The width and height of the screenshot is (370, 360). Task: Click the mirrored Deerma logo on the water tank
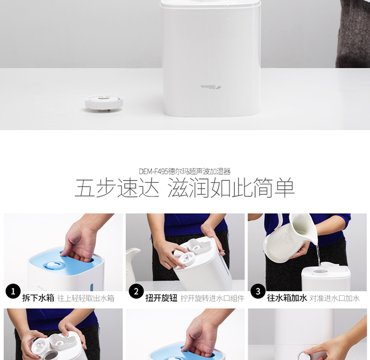point(211,87)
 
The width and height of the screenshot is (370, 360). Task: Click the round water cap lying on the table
point(104,103)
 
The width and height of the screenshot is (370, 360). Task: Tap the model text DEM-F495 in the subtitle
point(153,171)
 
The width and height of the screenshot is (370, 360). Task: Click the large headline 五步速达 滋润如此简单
point(185,188)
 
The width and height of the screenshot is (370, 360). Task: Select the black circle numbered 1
point(13,291)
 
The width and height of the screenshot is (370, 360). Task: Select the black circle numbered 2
point(136,291)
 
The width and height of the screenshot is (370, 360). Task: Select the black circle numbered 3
point(258,291)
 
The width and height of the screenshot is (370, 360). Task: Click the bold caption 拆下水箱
point(38,298)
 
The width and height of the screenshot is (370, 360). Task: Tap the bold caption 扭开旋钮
point(161,298)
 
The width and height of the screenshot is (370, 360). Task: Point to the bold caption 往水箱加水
point(287,298)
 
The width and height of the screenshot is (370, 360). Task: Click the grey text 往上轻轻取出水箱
point(86,298)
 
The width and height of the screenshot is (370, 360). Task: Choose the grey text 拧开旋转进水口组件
point(212,298)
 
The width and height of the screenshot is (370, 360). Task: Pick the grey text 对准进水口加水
point(334,298)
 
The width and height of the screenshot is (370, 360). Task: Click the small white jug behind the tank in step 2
point(133,264)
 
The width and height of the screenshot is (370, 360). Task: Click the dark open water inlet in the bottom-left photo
point(51,355)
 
